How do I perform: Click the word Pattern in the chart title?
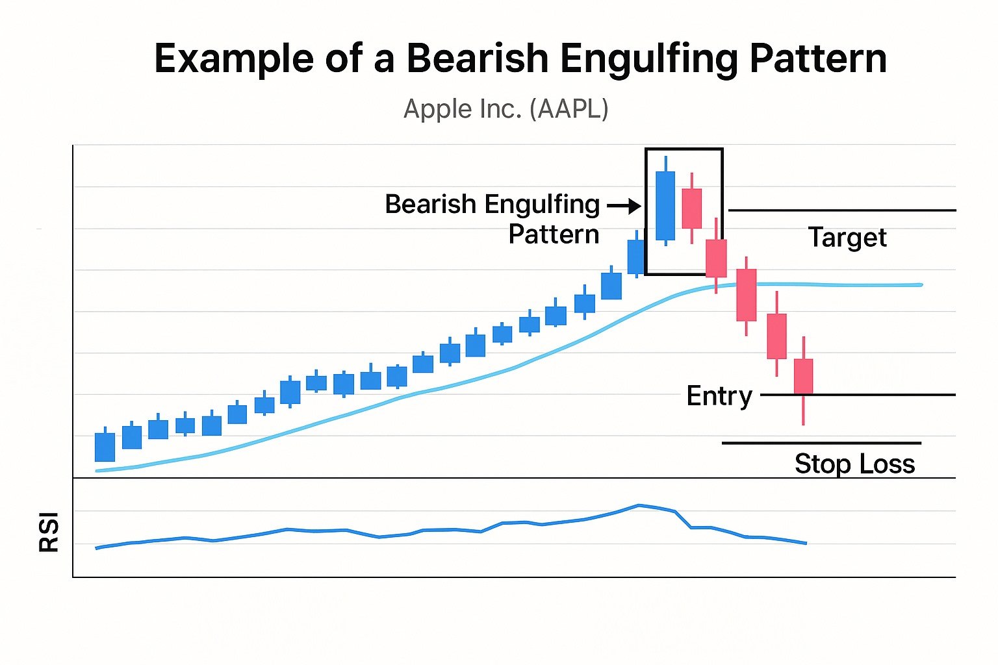tap(818, 58)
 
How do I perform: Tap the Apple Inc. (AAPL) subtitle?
tap(505, 108)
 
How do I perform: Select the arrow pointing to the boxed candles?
tap(624, 207)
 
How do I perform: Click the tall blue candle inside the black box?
tap(665, 205)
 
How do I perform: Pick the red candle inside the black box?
tap(692, 208)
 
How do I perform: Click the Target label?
tap(847, 238)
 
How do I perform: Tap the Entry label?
tap(719, 396)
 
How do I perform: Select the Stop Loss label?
tap(854, 464)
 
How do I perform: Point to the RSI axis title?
tap(49, 532)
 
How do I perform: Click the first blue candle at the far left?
tap(105, 447)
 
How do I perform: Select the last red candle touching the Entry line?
tap(804, 377)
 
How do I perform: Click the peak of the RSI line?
tap(639, 505)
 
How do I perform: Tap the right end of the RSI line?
tap(806, 543)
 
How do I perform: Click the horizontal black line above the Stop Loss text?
tap(821, 443)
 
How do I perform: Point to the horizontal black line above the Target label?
tap(842, 210)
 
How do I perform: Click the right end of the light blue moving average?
tap(920, 284)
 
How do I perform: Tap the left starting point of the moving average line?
tap(97, 471)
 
